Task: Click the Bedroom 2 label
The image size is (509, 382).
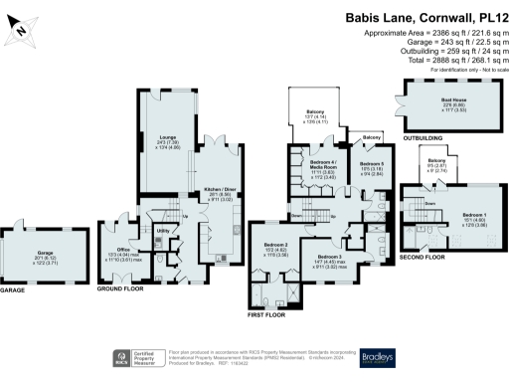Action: click(275, 244)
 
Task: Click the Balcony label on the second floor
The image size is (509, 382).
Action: click(436, 159)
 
